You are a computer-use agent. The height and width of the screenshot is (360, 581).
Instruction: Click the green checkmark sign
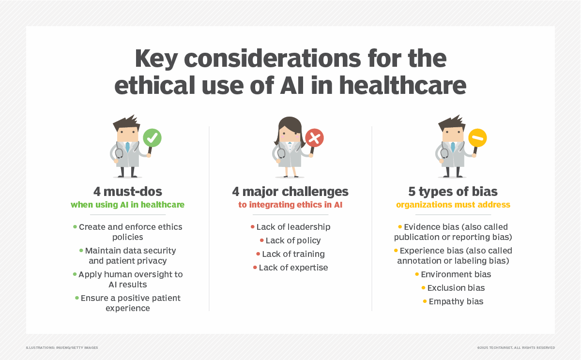(152, 137)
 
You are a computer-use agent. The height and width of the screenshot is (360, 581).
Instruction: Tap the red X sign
(314, 137)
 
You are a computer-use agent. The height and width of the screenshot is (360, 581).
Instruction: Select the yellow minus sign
(477, 137)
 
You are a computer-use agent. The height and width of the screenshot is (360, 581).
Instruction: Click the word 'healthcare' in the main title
(402, 85)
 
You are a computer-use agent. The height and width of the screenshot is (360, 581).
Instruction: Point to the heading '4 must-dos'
(128, 192)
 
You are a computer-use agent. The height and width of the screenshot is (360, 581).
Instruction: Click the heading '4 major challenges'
(290, 192)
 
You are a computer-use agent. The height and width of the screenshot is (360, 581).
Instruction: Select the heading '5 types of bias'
(453, 192)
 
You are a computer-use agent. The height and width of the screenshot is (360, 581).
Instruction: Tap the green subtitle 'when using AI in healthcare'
(128, 205)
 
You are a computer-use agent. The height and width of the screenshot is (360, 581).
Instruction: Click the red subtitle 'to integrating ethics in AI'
(290, 205)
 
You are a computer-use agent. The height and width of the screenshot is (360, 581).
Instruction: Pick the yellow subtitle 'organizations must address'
(453, 205)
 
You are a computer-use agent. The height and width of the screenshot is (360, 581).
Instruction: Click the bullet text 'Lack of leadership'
(293, 227)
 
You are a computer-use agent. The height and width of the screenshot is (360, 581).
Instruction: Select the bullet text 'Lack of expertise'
(293, 268)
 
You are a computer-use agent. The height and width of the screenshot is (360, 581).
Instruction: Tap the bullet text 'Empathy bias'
(456, 301)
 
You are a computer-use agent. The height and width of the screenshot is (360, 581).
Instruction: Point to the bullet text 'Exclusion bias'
(456, 288)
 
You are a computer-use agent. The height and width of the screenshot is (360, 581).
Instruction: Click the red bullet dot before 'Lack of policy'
(262, 240)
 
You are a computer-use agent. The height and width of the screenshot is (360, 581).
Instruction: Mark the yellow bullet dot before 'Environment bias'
(417, 274)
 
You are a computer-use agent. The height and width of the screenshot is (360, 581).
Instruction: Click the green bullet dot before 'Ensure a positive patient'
(77, 298)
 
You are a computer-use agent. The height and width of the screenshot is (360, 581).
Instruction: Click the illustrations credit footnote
(62, 347)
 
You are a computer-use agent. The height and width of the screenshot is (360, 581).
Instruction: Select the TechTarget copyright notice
(516, 347)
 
